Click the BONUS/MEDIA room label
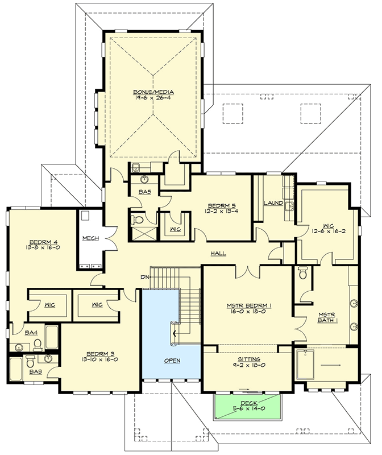pos(153,92)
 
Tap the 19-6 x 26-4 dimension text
pos(153,97)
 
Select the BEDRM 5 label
pos(221,206)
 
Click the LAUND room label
pos(273,203)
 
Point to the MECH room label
pos(90,238)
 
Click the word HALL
pos(218,253)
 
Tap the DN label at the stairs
pos(145,277)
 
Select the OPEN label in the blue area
pos(172,361)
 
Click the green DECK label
pos(249,403)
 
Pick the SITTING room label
pos(249,359)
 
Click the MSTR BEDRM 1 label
pos(249,305)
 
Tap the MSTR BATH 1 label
pos(327,317)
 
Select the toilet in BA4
pos(38,344)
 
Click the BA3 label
pos(35,372)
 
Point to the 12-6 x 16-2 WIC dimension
pos(329,231)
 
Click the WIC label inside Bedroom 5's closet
pos(175,229)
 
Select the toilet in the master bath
pos(302,272)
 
